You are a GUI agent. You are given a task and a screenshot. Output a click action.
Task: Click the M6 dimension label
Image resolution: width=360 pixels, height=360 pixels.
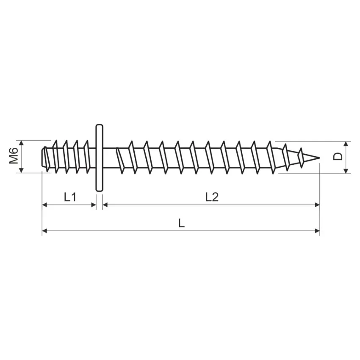[x=14, y=156]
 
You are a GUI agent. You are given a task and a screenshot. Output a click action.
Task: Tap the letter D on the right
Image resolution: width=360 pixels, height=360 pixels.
[x=338, y=157]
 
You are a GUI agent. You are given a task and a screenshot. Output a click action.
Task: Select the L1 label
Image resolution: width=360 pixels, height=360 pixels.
[x=70, y=197]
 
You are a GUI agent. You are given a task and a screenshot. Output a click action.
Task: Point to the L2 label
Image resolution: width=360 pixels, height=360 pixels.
[x=212, y=197]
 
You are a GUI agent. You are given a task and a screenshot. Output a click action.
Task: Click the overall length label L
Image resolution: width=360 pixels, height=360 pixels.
[x=181, y=223]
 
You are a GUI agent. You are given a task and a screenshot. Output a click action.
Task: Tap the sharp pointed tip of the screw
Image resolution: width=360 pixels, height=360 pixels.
[x=319, y=158]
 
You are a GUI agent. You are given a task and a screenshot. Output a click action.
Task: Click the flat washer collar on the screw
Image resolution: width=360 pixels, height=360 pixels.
[x=99, y=158]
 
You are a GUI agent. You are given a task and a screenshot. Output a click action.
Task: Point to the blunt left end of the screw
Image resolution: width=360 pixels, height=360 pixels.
[x=42, y=158]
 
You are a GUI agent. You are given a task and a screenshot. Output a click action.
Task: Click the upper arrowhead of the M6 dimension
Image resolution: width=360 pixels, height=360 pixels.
[x=21, y=143]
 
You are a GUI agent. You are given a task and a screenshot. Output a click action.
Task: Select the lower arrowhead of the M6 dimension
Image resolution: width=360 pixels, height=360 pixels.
[x=21, y=170]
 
